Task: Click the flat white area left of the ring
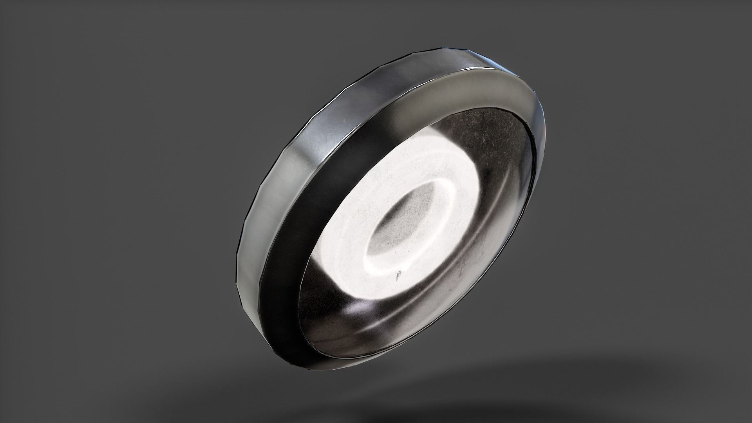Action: [x=345, y=219]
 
